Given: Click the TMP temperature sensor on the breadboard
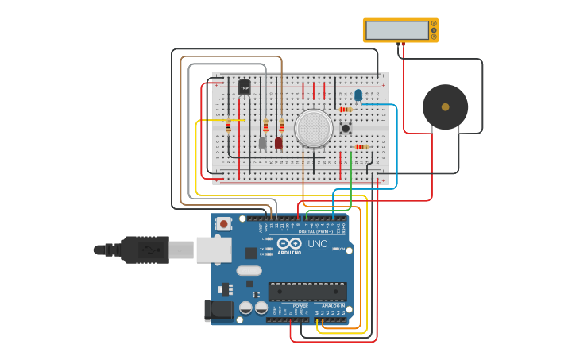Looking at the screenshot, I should point(244,87).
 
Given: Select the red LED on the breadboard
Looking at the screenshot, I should point(279,143).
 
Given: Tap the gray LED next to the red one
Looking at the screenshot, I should point(263,143).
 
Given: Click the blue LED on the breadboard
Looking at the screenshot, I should point(358,95).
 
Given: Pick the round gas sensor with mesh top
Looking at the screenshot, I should point(313,128).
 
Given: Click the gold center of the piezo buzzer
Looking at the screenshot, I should point(445,106).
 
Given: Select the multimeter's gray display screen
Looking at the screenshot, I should point(398,30).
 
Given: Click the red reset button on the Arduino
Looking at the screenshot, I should point(224,224).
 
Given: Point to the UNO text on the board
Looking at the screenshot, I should point(317,244).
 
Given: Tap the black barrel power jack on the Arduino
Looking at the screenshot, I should point(218,310).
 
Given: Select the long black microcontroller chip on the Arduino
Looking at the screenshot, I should point(307,291).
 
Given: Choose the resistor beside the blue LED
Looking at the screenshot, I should point(346,110).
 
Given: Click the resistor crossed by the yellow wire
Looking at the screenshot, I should point(229,126).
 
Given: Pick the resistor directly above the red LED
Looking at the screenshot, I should point(281,126).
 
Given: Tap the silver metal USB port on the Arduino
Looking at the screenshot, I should point(214,250).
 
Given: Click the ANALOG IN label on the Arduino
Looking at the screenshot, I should point(333,306).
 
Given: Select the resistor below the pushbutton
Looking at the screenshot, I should point(361,147).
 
